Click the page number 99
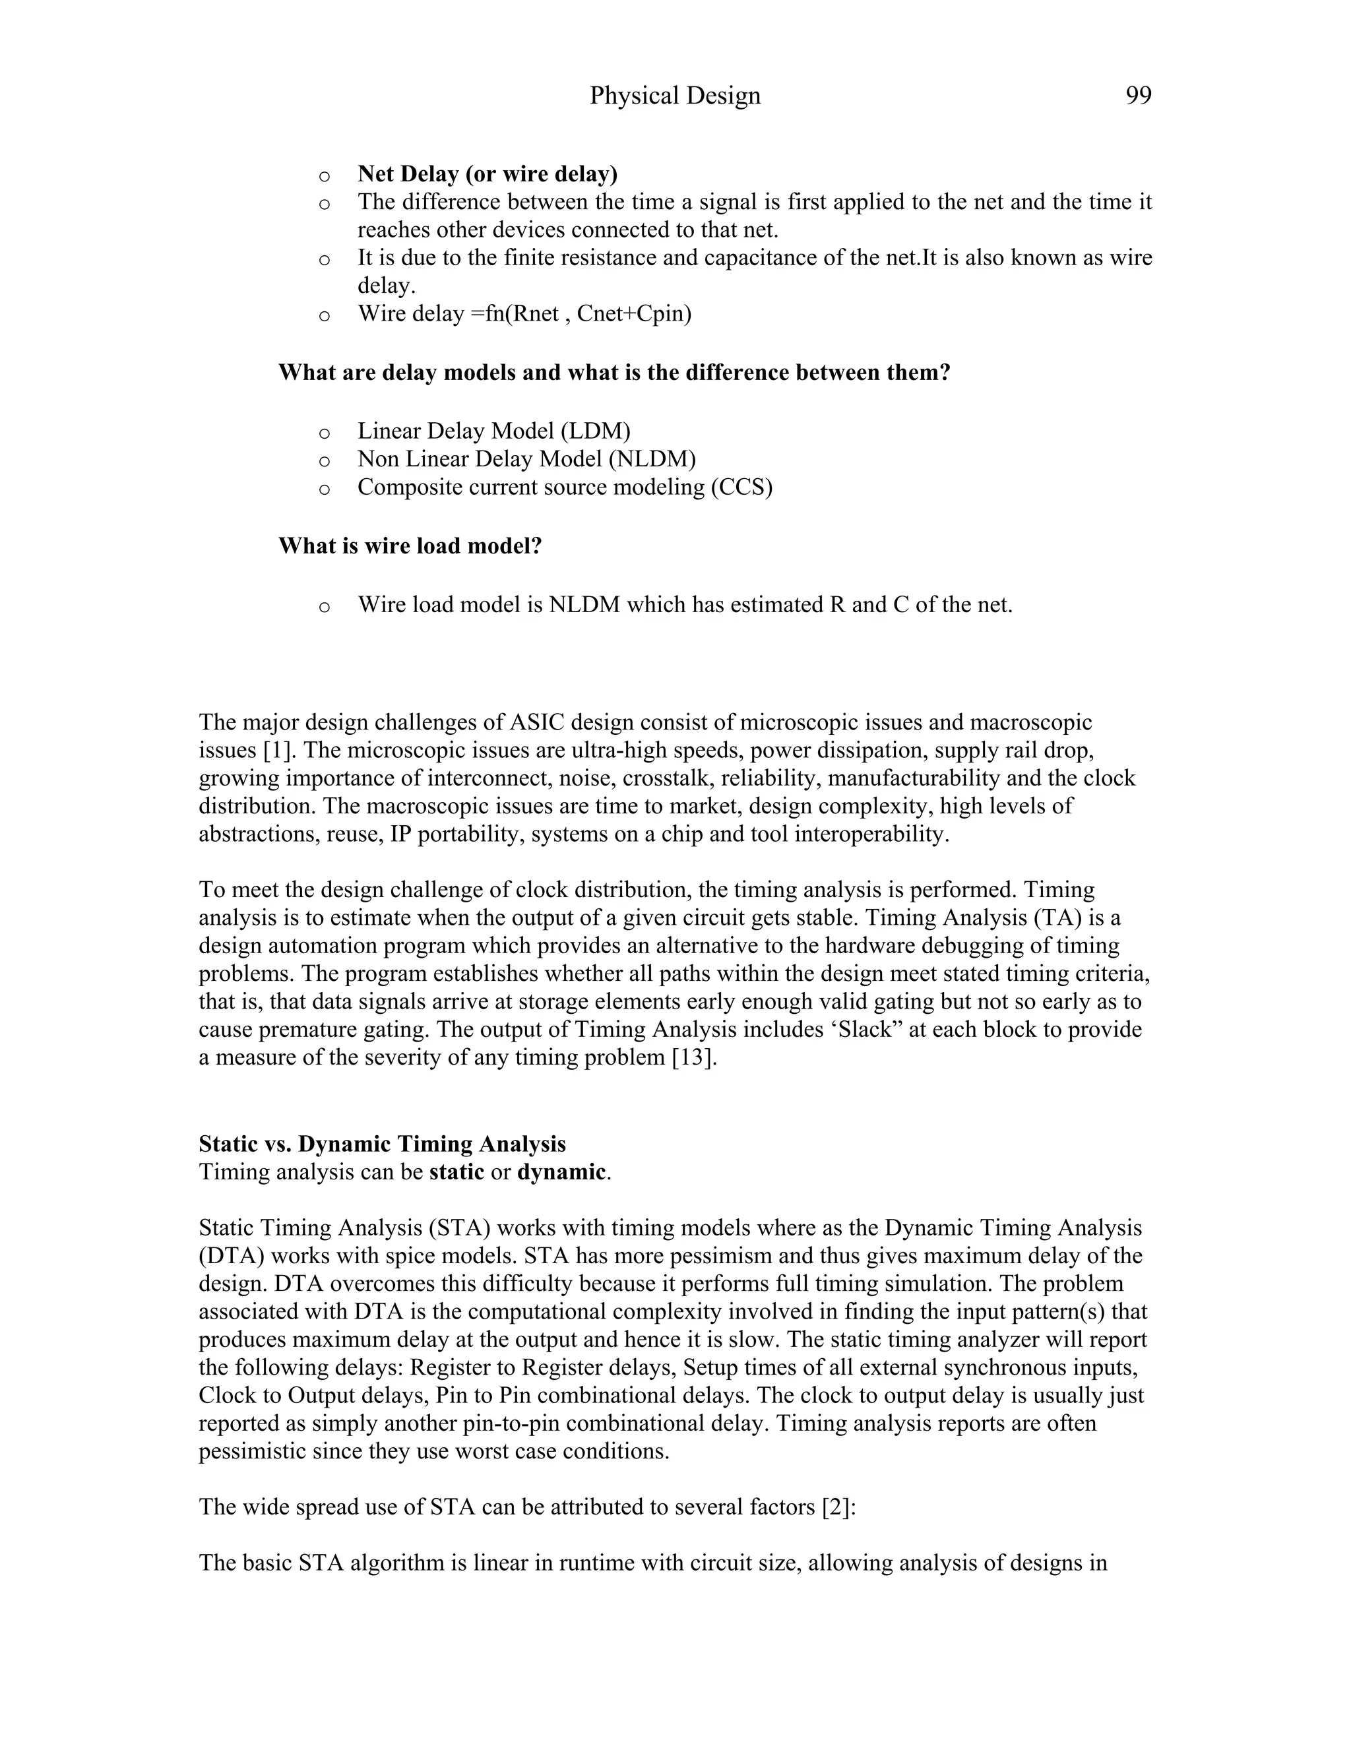coord(1138,96)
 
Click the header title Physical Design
coord(675,96)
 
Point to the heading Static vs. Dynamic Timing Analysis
coord(382,1144)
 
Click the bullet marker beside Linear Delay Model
coord(324,433)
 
